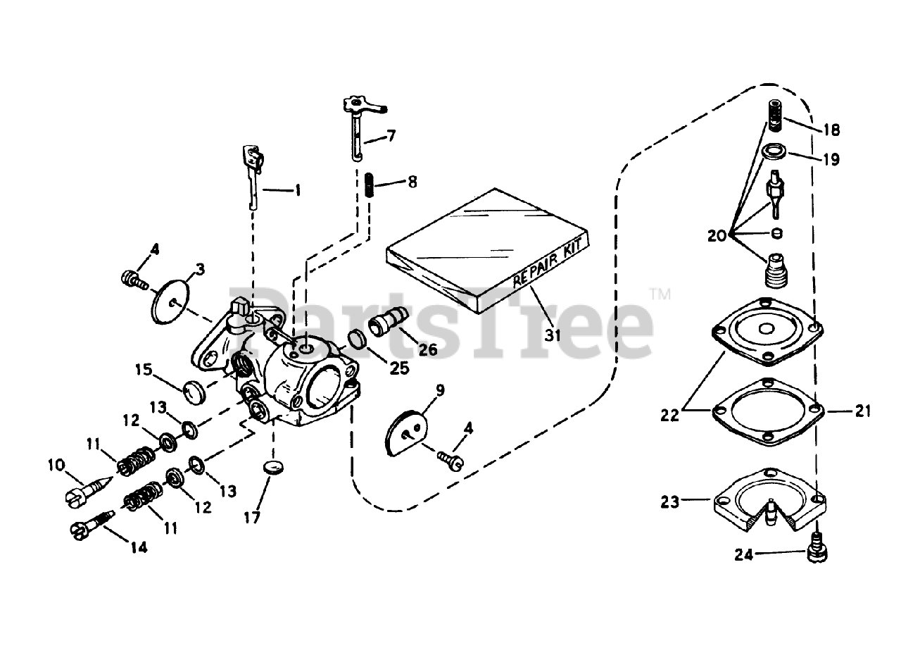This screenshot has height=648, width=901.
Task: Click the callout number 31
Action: tap(553, 335)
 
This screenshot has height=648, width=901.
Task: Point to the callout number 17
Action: tap(252, 518)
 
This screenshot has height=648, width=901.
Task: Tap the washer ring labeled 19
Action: tap(776, 151)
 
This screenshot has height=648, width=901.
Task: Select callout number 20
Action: tap(717, 237)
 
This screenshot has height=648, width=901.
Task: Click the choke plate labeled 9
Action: tap(408, 431)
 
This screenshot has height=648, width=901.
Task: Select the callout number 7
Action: tap(391, 135)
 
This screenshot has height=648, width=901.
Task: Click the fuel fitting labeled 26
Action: tap(384, 325)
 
